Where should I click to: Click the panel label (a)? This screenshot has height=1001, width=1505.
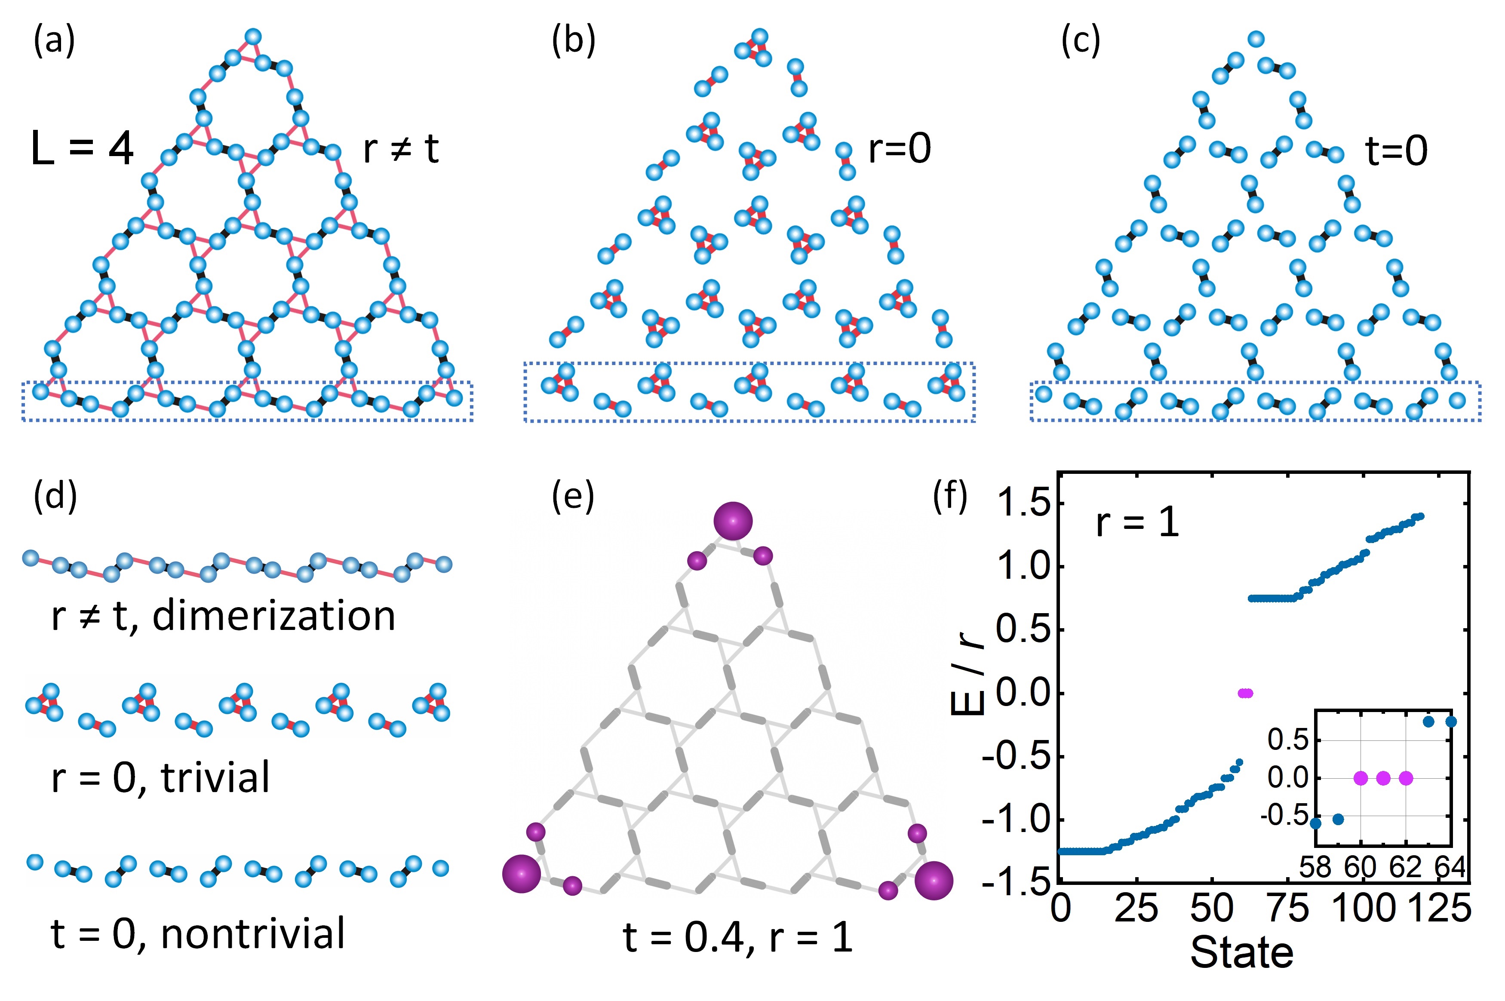pyautogui.click(x=54, y=42)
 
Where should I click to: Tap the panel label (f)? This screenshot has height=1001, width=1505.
pyautogui.click(x=950, y=497)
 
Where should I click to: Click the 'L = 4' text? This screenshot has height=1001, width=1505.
pyautogui.click(x=82, y=149)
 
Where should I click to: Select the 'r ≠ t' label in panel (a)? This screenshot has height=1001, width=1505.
pyautogui.click(x=401, y=149)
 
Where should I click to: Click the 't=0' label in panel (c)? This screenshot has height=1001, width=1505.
pyautogui.click(x=1396, y=151)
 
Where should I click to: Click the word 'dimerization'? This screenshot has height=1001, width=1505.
pyautogui.click(x=274, y=616)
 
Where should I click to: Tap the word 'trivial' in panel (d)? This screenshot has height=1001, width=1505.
pyautogui.click(x=215, y=777)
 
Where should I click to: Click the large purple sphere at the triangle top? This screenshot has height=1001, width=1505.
pyautogui.click(x=733, y=521)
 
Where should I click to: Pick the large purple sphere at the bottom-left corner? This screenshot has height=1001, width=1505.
pyautogui.click(x=522, y=874)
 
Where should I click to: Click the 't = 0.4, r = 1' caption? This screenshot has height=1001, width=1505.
pyautogui.click(x=737, y=937)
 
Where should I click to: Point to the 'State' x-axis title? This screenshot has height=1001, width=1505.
pyautogui.click(x=1241, y=953)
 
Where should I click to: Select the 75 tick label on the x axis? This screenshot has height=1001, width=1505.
pyautogui.click(x=1288, y=909)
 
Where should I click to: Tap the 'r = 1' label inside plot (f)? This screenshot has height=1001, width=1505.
pyautogui.click(x=1137, y=523)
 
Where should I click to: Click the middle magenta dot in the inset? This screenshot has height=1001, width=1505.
pyautogui.click(x=1383, y=778)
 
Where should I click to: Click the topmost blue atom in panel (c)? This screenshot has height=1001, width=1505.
pyautogui.click(x=1256, y=39)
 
